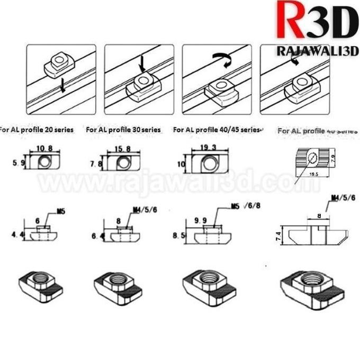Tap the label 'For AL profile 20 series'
37,129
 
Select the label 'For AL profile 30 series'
123,129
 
